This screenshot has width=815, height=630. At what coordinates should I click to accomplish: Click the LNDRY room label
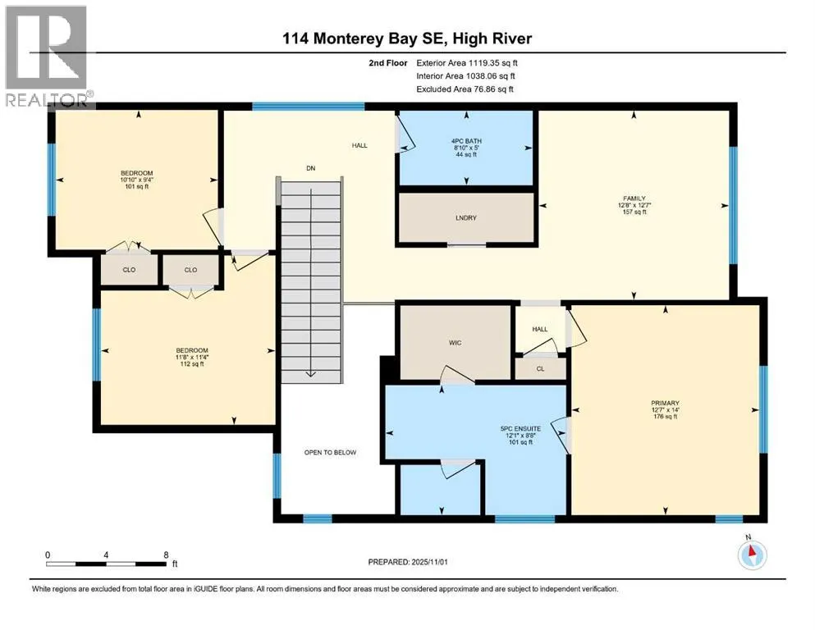click(465, 217)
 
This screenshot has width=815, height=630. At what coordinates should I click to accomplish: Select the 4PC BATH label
click(467, 141)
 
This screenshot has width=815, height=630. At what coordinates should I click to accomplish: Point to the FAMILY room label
click(634, 199)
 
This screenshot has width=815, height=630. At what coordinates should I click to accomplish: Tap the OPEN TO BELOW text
click(330, 452)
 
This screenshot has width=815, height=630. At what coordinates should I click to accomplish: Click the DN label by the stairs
click(311, 168)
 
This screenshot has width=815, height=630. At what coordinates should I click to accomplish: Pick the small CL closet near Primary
click(540, 369)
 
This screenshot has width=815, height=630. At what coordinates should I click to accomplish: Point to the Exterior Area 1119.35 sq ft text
click(467, 62)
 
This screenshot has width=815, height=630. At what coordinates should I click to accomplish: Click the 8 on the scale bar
click(167, 555)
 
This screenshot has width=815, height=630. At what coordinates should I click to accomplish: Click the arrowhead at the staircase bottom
click(311, 373)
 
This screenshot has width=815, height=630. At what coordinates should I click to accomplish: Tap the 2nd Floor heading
click(390, 62)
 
